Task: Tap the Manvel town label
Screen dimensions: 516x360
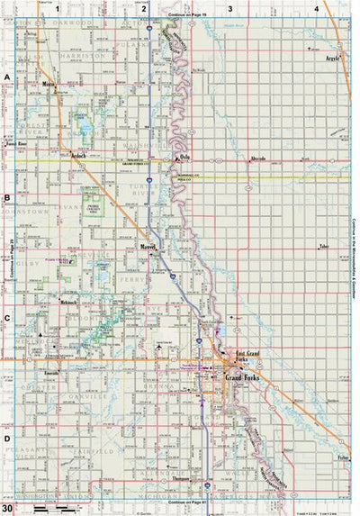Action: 149,245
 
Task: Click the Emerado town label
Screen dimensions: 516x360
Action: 51,371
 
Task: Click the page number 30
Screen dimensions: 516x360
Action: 7,510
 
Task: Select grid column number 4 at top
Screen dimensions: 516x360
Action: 316,8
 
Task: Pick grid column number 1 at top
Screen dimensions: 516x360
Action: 57,8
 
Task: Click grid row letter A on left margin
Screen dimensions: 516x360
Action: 7,77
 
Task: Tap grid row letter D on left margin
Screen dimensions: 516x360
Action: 7,439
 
